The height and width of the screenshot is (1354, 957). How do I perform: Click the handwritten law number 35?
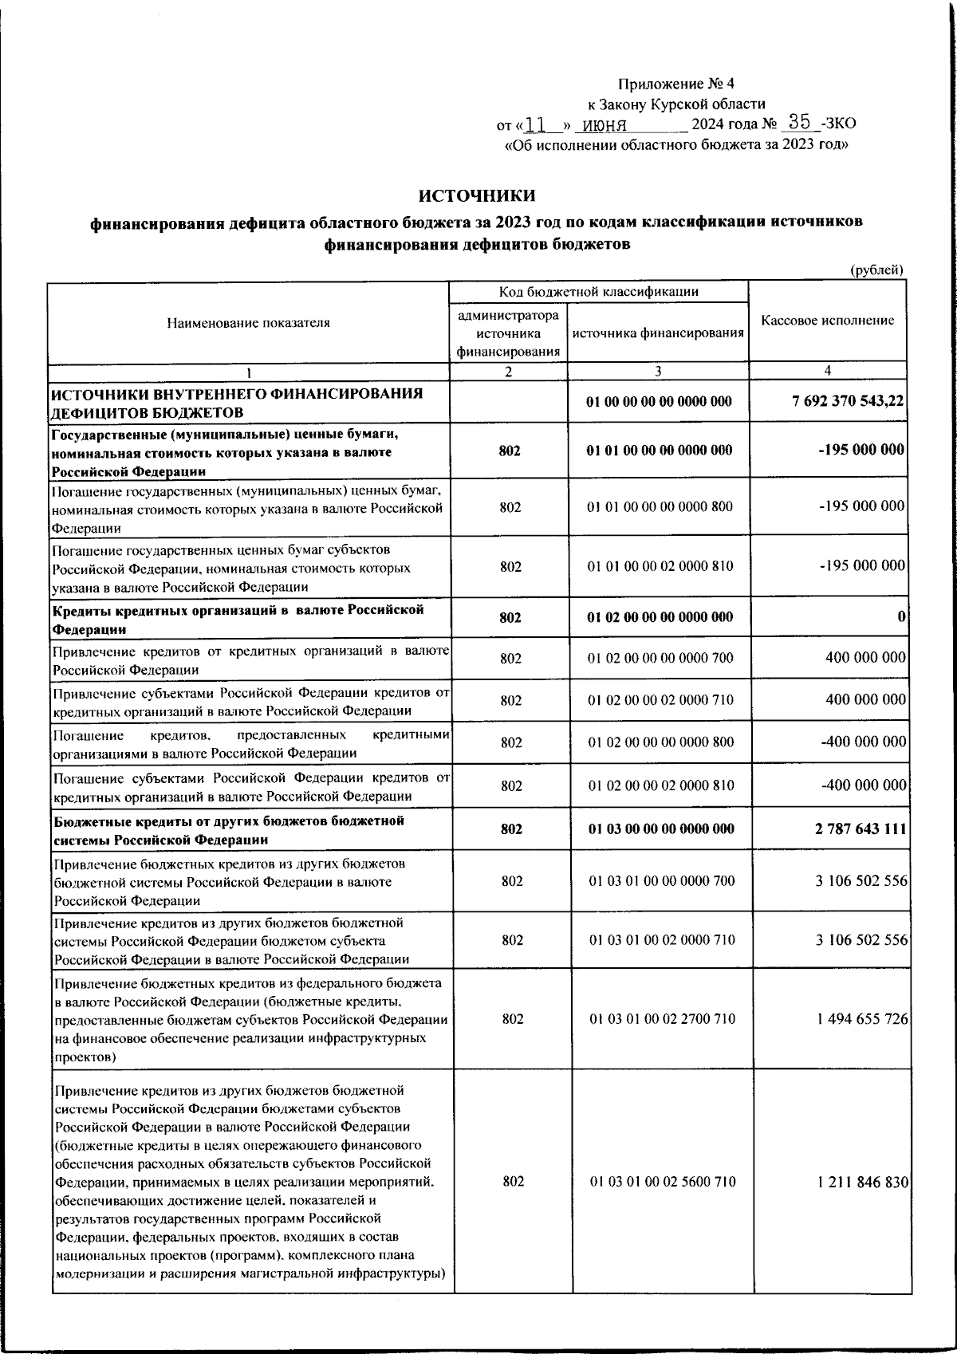(x=798, y=122)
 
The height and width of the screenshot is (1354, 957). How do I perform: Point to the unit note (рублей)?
(x=876, y=270)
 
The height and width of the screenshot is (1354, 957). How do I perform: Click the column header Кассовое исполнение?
(x=828, y=321)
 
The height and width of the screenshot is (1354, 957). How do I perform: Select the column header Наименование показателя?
(x=248, y=322)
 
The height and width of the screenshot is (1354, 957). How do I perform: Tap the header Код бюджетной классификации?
(x=599, y=291)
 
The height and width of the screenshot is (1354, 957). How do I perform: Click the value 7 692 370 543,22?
(x=848, y=402)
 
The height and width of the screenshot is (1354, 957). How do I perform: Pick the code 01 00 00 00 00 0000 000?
(x=659, y=402)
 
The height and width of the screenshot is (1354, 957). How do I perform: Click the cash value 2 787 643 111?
(x=860, y=829)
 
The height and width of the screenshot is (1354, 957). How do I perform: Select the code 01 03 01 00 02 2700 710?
(x=662, y=1019)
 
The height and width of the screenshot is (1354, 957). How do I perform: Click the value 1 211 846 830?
(x=862, y=1182)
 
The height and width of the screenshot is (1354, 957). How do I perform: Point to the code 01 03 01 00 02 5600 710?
(x=662, y=1182)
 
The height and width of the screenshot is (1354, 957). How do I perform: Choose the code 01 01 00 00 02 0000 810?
(x=660, y=566)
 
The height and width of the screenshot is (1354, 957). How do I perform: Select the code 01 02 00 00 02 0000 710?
(x=660, y=700)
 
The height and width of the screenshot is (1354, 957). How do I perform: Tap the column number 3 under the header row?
(x=658, y=371)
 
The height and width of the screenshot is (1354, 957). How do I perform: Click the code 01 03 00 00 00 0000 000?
(x=661, y=829)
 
